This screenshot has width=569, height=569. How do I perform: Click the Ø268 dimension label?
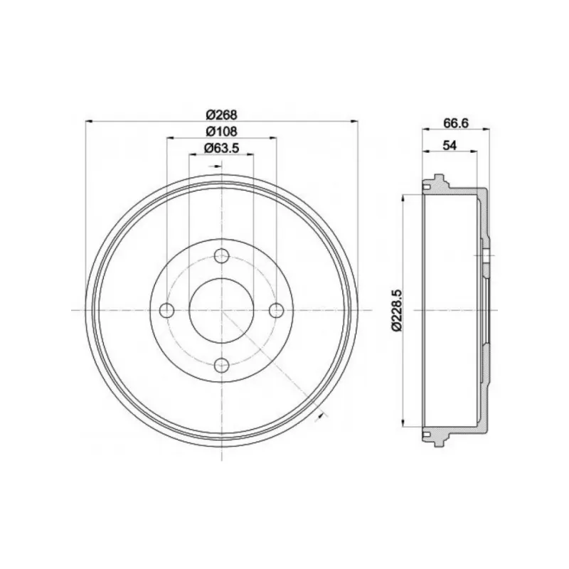(x=221, y=115)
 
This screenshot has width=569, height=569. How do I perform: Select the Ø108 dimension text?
(x=221, y=131)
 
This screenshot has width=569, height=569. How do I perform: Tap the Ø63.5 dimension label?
(x=221, y=148)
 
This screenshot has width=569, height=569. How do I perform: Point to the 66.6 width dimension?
(x=456, y=123)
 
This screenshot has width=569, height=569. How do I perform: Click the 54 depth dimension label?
(x=450, y=145)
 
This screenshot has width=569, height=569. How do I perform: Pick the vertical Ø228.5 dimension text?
(x=396, y=310)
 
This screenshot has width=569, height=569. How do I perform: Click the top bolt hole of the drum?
(x=221, y=256)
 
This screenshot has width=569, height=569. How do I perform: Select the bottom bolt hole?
(x=221, y=365)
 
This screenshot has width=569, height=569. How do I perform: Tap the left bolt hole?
(x=167, y=310)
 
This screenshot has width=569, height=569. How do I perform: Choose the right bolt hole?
(x=277, y=310)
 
